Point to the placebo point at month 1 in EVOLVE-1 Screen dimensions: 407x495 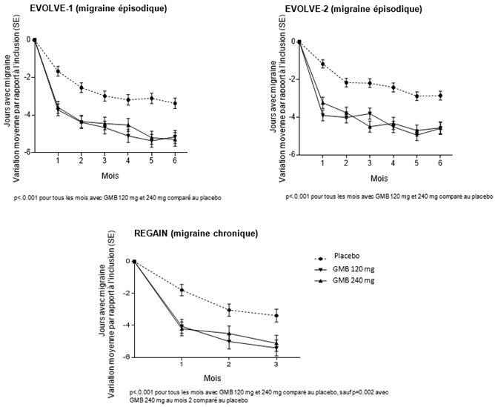[58, 71]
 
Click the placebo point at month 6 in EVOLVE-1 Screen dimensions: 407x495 [175, 103]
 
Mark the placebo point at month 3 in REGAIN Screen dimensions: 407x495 [276, 316]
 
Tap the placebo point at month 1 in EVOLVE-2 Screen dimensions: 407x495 [322, 64]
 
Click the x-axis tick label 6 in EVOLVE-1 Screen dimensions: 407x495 [175, 161]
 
